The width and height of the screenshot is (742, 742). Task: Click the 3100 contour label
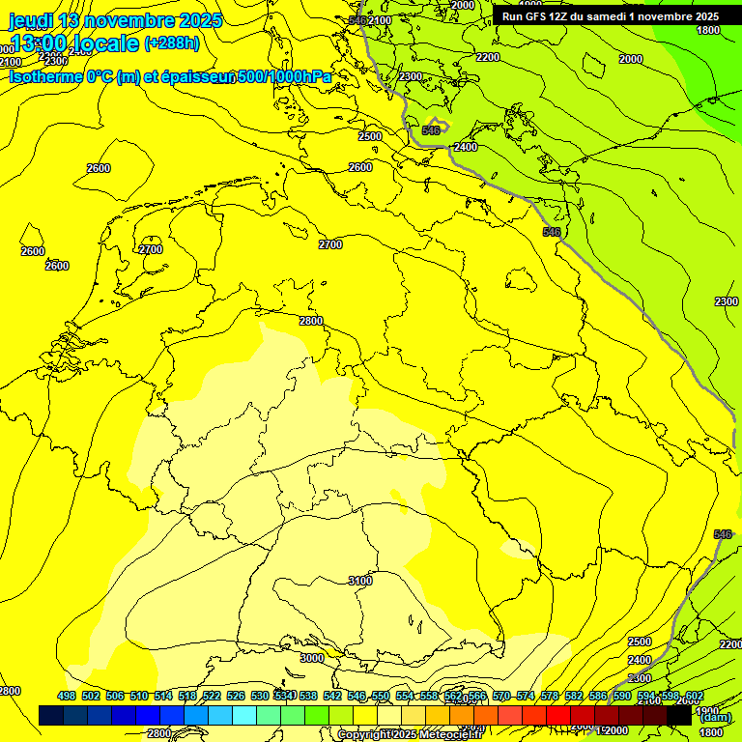click(359, 581)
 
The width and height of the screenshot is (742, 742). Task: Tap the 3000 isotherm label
click(312, 658)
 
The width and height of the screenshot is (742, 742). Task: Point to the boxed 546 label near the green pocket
click(431, 130)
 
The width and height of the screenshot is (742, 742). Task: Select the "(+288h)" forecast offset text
click(173, 43)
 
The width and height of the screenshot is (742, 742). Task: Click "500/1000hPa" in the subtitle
click(291, 76)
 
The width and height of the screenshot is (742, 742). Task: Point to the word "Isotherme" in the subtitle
click(44, 76)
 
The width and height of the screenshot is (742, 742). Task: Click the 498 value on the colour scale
click(67, 696)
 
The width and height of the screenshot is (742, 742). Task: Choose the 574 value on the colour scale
click(526, 696)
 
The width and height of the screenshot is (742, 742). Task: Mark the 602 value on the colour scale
click(694, 696)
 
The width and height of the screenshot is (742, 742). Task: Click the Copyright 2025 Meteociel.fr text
click(422, 735)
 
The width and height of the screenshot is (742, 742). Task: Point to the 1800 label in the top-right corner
click(708, 30)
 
